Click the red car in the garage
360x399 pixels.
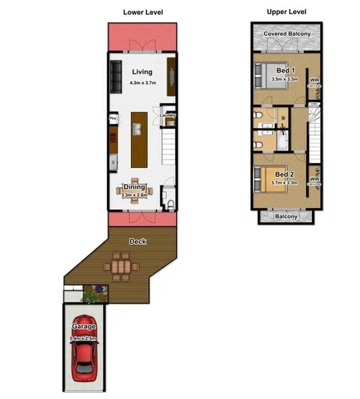pyautogui.click(x=84, y=361)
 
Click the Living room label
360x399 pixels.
pyautogui.click(x=142, y=72)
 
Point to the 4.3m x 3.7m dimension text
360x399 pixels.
pyautogui.click(x=142, y=83)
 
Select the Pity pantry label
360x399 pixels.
pyautogui.click(x=113, y=117)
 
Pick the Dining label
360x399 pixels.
pyautogui.click(x=134, y=188)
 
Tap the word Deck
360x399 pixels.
pyautogui.click(x=137, y=241)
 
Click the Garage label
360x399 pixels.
pyautogui.click(x=83, y=326)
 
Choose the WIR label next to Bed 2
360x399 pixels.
pyautogui.click(x=314, y=179)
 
